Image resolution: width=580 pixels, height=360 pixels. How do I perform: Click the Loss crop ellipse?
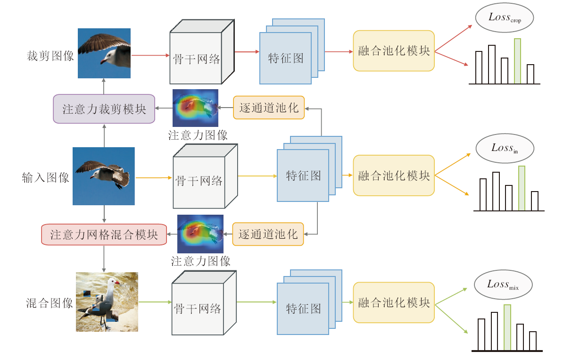[x=505, y=18]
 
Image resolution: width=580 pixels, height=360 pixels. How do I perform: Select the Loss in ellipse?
[x=505, y=148]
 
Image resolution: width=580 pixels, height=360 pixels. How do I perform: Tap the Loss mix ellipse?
[x=503, y=285]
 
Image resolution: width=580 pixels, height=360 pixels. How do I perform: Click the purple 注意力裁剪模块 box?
[x=104, y=109]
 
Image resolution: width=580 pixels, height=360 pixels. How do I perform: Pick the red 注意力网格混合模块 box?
[x=104, y=234]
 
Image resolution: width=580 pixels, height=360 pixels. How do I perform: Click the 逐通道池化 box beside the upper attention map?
[x=269, y=108]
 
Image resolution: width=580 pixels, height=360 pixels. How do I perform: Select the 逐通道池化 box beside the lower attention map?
[x=268, y=234]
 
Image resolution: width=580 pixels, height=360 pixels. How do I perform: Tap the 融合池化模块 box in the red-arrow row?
[x=394, y=51]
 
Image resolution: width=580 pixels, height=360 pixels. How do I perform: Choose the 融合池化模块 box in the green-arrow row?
[x=394, y=302]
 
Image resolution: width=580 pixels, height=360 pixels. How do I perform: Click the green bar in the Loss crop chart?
[x=517, y=61]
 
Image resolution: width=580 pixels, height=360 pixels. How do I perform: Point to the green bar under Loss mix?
[x=507, y=327]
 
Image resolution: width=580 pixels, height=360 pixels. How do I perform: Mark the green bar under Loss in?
[x=522, y=188]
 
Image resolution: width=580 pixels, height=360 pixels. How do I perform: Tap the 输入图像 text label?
[x=46, y=178]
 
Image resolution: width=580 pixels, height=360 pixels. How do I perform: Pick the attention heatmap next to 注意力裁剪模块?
[x=195, y=108]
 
